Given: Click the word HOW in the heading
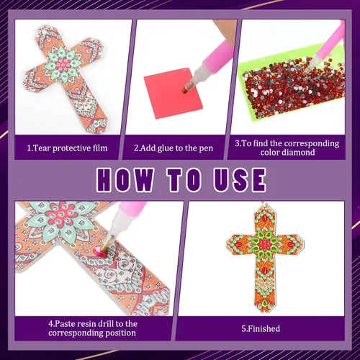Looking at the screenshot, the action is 125,179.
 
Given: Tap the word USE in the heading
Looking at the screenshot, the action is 240,179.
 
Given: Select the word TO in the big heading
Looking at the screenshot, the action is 184,179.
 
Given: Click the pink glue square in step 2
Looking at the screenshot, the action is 174,93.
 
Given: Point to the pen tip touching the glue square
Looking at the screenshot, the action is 185,90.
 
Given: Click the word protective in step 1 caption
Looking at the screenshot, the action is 71,148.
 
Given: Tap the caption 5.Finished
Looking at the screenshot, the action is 261,328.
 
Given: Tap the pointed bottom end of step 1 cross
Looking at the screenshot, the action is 102,131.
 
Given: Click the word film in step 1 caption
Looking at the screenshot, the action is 100,148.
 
